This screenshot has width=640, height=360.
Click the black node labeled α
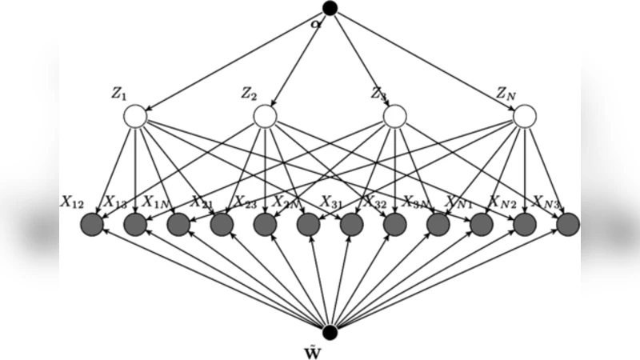click(329, 9)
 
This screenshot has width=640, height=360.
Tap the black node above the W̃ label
click(329, 331)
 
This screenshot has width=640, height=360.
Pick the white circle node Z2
click(265, 118)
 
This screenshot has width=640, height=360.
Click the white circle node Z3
click(394, 118)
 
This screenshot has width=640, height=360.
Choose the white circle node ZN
click(524, 118)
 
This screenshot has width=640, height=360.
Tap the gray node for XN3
click(567, 226)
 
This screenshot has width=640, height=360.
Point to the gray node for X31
click(351, 226)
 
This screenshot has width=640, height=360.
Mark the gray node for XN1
click(481, 226)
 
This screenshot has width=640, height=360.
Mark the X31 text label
click(333, 200)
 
